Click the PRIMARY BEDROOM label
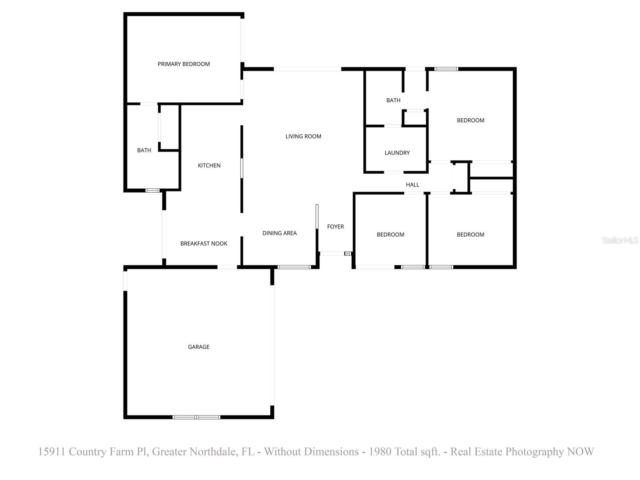point(184,64)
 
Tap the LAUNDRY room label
point(397,153)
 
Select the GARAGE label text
point(199,347)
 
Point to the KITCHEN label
point(209,165)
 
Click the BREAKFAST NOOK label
point(204,243)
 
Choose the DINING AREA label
point(280,233)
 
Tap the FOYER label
point(335,226)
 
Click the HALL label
point(412,184)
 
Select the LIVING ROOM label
point(303,136)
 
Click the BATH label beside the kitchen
point(144,150)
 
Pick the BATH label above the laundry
point(393,100)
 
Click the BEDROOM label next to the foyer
point(390,234)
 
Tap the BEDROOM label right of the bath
point(470,120)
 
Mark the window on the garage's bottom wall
point(196,417)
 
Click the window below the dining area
point(294,267)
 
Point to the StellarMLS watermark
point(620,240)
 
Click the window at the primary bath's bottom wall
point(152,190)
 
